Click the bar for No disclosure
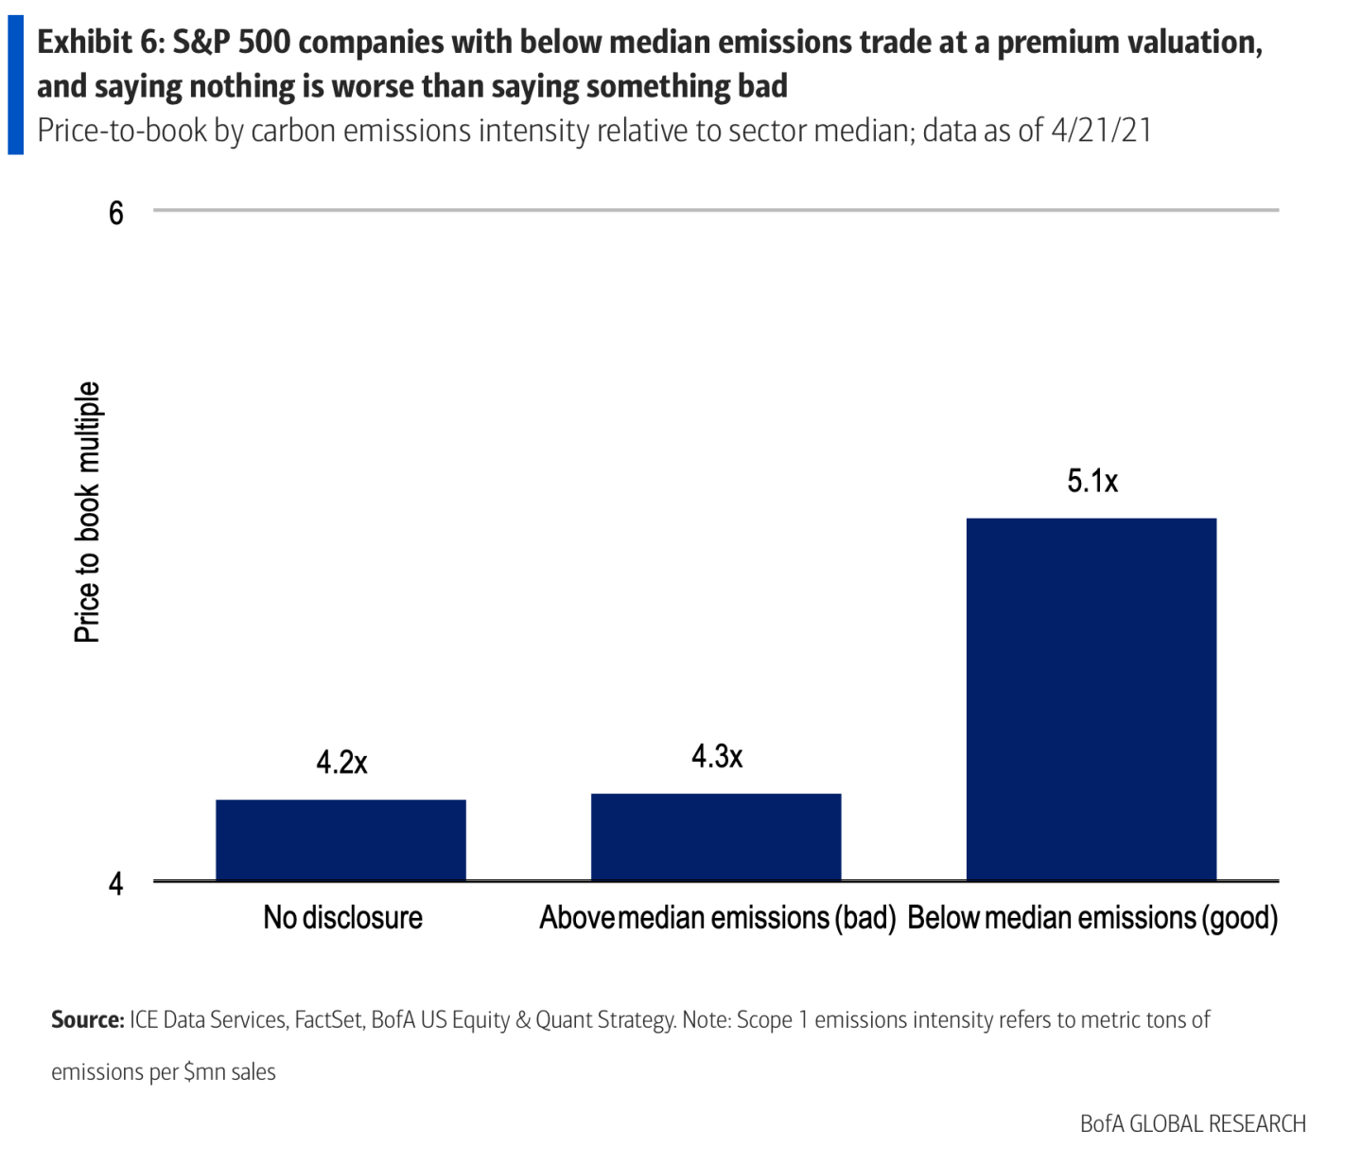(x=340, y=840)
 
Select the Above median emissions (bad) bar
(x=716, y=838)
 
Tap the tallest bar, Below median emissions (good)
(x=1091, y=699)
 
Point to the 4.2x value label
(x=341, y=762)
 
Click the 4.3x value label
(x=717, y=756)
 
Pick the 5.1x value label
(x=1092, y=481)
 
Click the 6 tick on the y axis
(x=116, y=213)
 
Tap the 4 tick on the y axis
(x=116, y=884)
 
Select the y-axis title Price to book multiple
(x=87, y=512)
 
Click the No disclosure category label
(x=342, y=917)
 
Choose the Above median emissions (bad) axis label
(x=717, y=917)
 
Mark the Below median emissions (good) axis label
(x=1092, y=917)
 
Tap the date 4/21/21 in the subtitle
(x=1101, y=130)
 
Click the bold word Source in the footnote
(x=87, y=1020)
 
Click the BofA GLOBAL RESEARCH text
(x=1193, y=1124)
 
